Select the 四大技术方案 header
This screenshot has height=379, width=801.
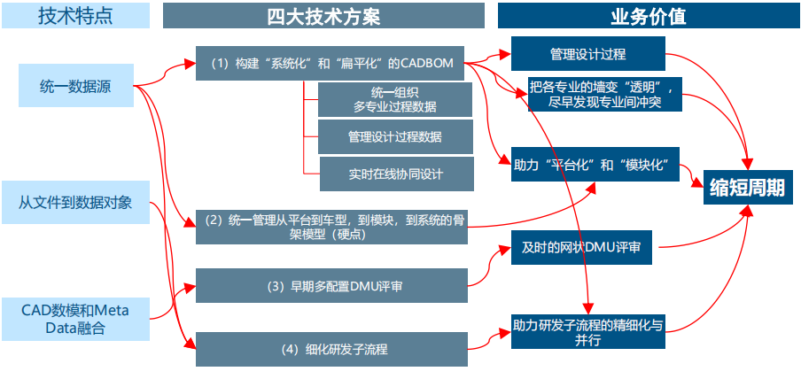323,15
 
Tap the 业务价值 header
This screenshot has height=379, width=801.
648,15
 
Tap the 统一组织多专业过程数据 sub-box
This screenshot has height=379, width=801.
394,99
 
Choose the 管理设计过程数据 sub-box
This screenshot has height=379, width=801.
394,136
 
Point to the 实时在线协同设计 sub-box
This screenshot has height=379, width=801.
394,174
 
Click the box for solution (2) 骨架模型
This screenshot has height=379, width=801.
331,226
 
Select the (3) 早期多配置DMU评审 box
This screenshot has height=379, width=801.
331,286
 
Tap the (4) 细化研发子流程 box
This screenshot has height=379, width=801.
331,348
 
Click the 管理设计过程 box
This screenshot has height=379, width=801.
587,54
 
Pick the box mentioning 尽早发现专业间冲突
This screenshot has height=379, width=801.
603,95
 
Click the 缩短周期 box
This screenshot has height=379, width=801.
747,189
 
